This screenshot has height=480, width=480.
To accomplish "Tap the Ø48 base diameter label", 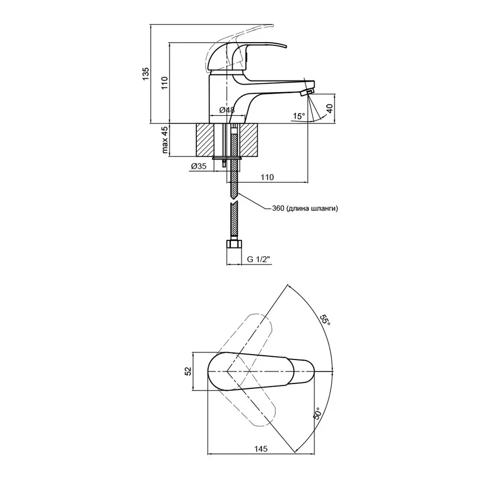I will (227, 110).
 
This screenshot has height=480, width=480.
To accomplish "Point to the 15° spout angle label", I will (299, 115).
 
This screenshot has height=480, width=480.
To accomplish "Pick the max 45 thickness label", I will (165, 141).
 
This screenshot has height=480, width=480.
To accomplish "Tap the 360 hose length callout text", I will (305, 209).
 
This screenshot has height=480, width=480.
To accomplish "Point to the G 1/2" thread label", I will (259, 260).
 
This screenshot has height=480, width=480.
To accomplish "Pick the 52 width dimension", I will (188, 372).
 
